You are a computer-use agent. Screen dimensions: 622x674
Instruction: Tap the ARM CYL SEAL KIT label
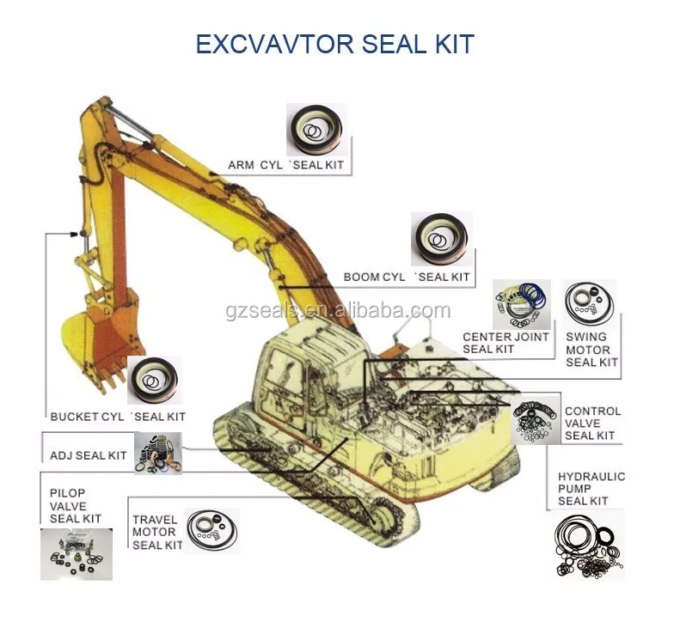tap(289, 165)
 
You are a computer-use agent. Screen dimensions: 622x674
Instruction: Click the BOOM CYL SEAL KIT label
tap(407, 277)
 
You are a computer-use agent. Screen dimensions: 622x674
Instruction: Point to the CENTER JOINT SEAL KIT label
tap(505, 343)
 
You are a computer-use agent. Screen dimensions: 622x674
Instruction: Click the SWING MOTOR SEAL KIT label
tap(591, 350)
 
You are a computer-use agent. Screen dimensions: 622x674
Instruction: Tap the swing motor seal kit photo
tap(589, 304)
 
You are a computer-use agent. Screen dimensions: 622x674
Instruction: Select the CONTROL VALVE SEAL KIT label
tap(592, 424)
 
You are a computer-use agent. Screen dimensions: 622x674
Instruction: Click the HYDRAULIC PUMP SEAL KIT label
tap(591, 488)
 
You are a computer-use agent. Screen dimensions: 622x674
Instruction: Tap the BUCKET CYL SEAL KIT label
tap(118, 417)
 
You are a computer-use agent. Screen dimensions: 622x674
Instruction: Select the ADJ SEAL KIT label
tap(89, 455)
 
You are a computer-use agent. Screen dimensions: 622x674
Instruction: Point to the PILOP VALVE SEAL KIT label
tap(75, 506)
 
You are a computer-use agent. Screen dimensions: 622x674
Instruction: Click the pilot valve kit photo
tap(76, 554)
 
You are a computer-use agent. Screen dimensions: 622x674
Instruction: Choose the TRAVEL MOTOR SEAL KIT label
tap(157, 533)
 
